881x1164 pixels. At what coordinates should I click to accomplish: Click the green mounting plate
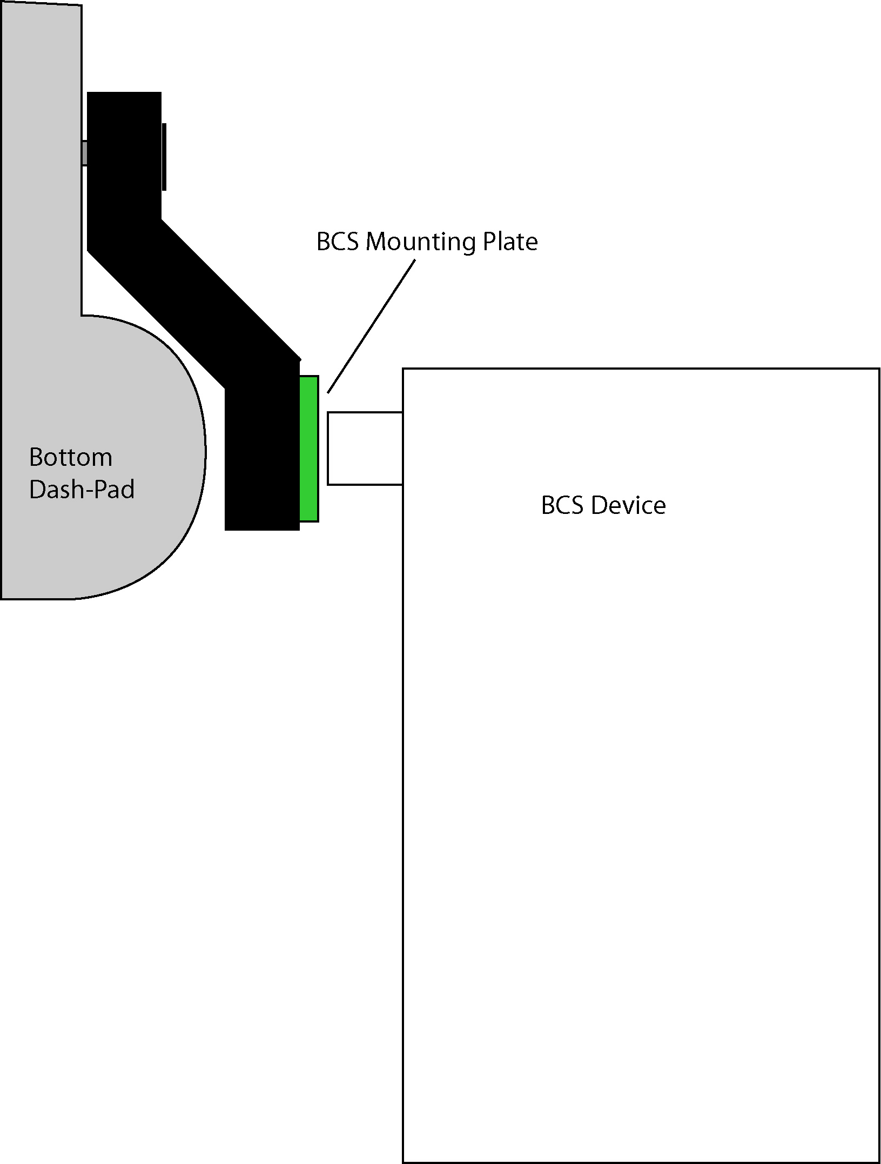click(x=309, y=449)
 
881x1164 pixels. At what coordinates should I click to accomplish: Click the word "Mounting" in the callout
click(x=420, y=242)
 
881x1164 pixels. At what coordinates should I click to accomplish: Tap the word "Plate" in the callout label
click(x=510, y=242)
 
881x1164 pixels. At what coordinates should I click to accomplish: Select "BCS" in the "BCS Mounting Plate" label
click(x=337, y=242)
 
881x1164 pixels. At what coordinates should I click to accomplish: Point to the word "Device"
click(x=628, y=506)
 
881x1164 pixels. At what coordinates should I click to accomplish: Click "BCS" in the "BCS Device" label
click(x=562, y=506)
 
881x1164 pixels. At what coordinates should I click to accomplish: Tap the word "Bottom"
click(x=71, y=458)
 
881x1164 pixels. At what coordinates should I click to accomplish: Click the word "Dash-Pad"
click(x=82, y=490)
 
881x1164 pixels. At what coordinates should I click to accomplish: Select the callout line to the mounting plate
click(x=372, y=326)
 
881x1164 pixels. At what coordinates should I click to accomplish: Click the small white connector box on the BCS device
click(x=365, y=449)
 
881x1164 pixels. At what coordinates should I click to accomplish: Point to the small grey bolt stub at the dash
click(x=84, y=153)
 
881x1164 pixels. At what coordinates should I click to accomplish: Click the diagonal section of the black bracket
click(x=194, y=292)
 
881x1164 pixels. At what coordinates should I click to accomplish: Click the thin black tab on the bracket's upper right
click(x=164, y=157)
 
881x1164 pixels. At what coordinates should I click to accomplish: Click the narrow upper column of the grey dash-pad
click(x=41, y=162)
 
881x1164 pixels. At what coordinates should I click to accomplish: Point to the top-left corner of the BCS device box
click(x=403, y=369)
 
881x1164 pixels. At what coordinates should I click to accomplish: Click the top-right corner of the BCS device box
click(x=879, y=369)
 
